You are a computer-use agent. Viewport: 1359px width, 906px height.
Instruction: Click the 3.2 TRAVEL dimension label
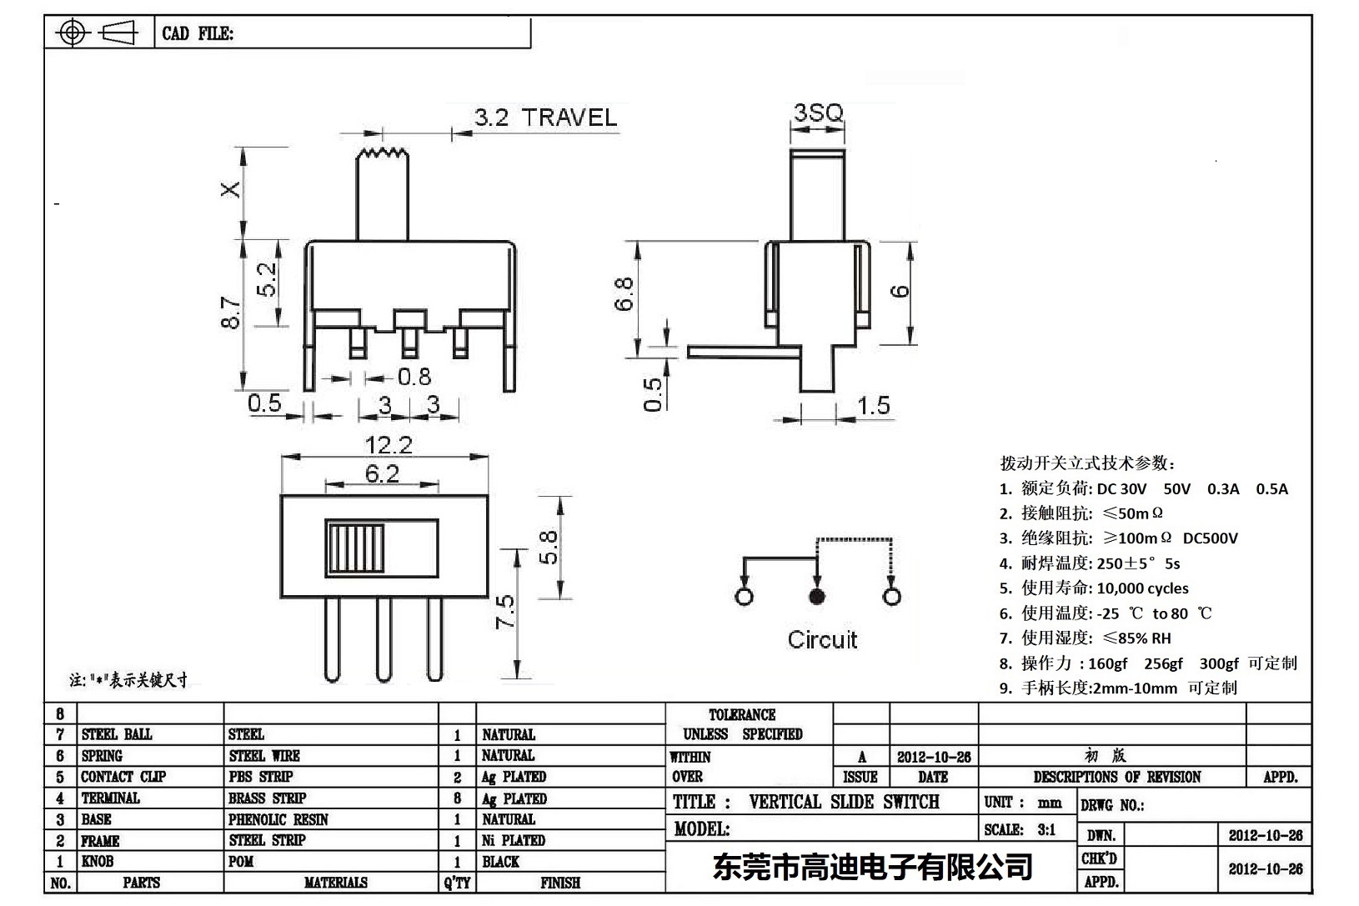(x=546, y=118)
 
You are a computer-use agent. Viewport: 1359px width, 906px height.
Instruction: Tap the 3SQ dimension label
(x=817, y=113)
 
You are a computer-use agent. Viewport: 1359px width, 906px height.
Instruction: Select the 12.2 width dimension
(x=389, y=445)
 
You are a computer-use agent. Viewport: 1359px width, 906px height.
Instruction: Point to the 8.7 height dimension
(x=231, y=313)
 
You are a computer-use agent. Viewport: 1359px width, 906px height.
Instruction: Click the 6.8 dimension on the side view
(x=624, y=294)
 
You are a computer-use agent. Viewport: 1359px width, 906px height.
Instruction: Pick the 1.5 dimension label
(x=874, y=406)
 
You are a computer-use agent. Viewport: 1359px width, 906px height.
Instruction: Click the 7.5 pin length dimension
(x=505, y=612)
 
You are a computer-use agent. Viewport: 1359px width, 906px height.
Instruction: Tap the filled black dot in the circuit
(x=817, y=596)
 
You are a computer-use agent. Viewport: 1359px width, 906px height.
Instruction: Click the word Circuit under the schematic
(x=822, y=640)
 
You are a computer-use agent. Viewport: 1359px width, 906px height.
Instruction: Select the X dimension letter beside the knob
(x=230, y=189)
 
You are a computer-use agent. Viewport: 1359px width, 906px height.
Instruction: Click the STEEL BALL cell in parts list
(x=117, y=734)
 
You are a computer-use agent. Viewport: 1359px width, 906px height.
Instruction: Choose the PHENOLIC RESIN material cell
(x=278, y=819)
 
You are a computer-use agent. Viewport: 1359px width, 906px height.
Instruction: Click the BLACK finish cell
(x=500, y=862)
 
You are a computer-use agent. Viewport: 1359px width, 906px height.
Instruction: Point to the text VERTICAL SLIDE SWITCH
(x=844, y=802)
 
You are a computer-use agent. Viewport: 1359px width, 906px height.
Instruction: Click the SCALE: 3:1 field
(x=1020, y=829)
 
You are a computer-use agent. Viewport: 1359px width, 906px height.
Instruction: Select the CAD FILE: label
(x=198, y=33)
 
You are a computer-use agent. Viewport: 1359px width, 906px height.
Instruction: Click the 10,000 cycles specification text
(x=1142, y=588)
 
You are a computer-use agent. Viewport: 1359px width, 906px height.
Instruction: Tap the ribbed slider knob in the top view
(x=356, y=548)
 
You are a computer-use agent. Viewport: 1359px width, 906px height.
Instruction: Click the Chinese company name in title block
(x=872, y=867)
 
